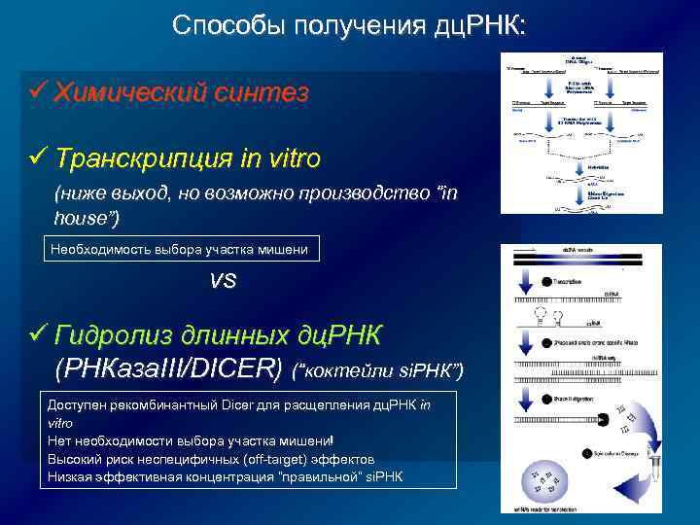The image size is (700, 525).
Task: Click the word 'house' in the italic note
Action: pyautogui.click(x=82, y=219)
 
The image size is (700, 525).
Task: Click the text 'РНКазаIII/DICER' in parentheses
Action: pyautogui.click(x=170, y=369)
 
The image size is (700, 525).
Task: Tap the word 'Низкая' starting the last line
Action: pyautogui.click(x=73, y=476)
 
